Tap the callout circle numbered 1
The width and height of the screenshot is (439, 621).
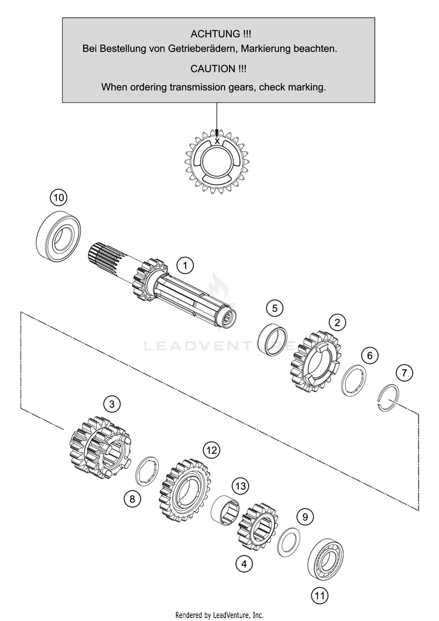point(185,266)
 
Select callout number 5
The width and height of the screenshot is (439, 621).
point(273,307)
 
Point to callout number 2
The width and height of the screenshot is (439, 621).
point(337,321)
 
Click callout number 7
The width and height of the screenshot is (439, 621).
point(403,372)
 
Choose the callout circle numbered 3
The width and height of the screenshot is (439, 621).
point(112,403)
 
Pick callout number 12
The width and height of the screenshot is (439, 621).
point(211,450)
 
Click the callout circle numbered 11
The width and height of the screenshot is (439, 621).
point(318,596)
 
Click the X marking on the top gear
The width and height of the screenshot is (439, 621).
point(218,141)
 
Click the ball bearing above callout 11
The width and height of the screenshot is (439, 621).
point(326,558)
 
